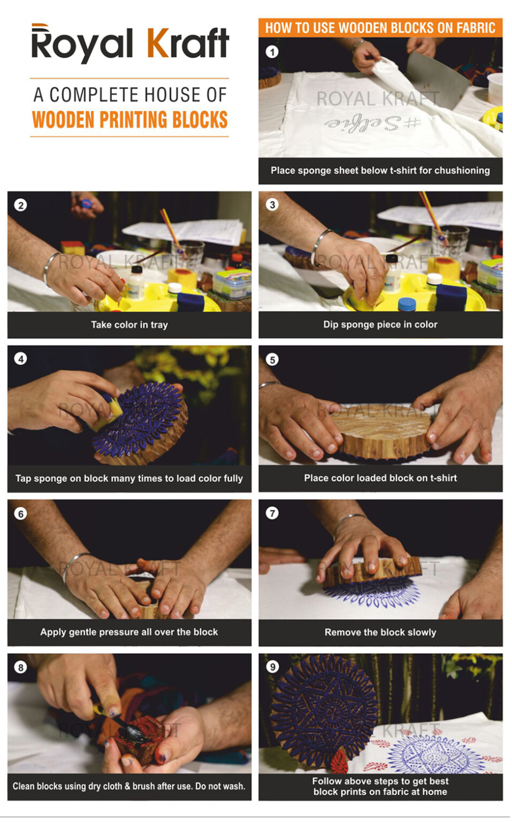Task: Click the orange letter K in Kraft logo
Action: (x=158, y=43)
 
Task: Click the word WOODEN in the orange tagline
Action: (x=64, y=120)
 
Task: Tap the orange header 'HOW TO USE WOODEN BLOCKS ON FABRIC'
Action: (x=380, y=28)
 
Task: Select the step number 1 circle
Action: (x=272, y=52)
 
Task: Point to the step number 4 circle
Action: (x=20, y=359)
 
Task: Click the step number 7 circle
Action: (x=272, y=513)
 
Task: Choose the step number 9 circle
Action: (x=272, y=667)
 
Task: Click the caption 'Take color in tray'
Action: (x=129, y=325)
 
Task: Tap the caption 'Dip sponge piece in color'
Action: (x=380, y=324)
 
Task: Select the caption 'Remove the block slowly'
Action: (x=380, y=632)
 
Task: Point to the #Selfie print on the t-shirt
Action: (x=373, y=123)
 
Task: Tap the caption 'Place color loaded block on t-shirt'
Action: (x=380, y=478)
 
